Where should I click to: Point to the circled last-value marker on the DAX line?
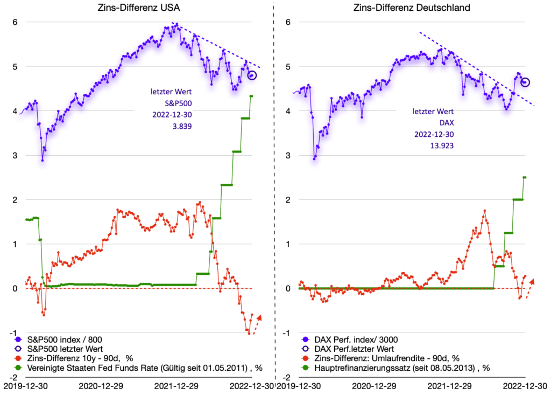[525, 82]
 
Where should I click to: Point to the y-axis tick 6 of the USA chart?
[15, 22]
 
